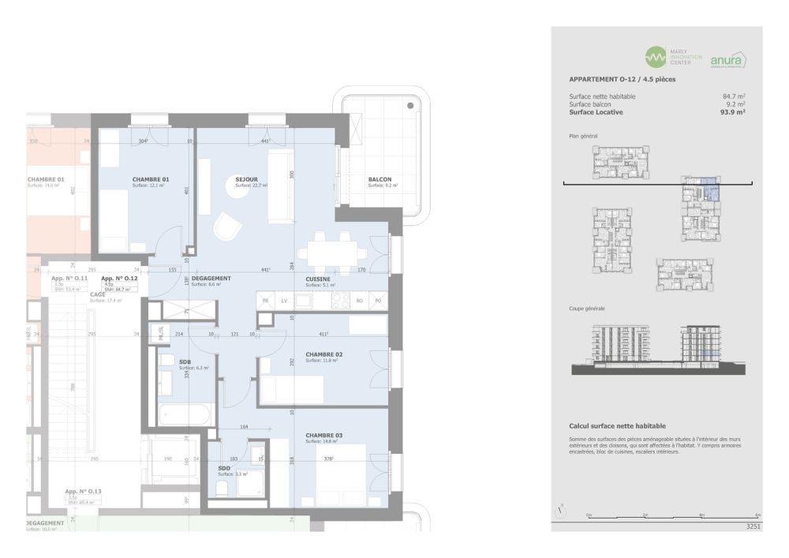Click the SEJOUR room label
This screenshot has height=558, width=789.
[x=246, y=180]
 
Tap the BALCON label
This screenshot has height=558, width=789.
[x=380, y=180]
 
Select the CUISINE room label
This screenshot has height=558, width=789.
[x=320, y=279]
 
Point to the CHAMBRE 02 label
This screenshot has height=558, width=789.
[x=323, y=354]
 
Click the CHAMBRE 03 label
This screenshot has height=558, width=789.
[x=323, y=436]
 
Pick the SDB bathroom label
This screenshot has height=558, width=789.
[x=185, y=361]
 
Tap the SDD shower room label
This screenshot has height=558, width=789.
[x=223, y=467]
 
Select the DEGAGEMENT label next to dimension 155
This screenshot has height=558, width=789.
[x=211, y=279]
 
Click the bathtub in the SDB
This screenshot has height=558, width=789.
[x=185, y=414]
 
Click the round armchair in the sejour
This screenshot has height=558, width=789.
[x=226, y=227]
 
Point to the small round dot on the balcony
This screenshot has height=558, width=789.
[x=409, y=105]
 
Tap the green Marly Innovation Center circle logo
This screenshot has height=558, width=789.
[x=656, y=58]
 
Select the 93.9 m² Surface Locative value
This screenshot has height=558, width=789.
[x=733, y=112]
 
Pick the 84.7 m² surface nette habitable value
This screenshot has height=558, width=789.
[x=734, y=96]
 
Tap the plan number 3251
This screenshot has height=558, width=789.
[x=753, y=525]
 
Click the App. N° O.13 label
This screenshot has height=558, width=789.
[x=83, y=491]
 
